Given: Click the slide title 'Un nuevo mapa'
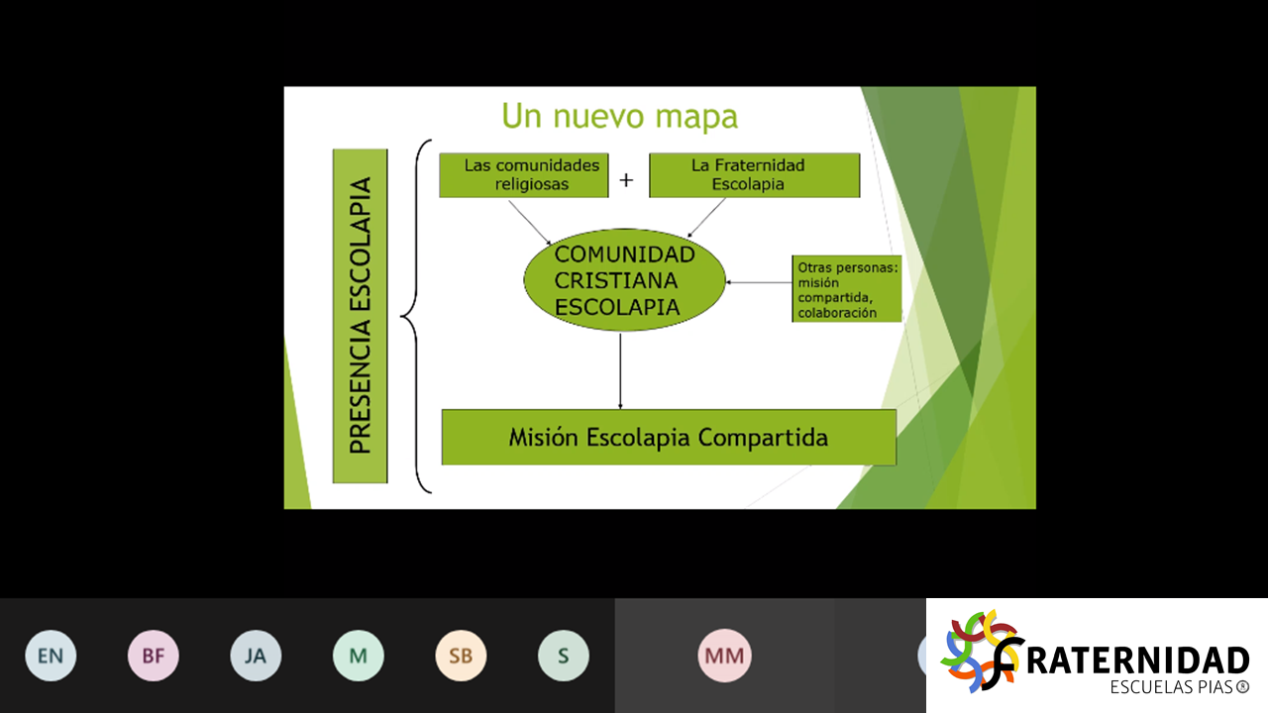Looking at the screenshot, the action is (x=620, y=116).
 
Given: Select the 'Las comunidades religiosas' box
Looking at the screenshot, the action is (x=524, y=175).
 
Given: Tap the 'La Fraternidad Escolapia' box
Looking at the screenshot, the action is (x=755, y=175).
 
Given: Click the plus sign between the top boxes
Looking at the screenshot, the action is (x=626, y=180).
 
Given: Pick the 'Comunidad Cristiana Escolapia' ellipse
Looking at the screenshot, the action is (x=624, y=280).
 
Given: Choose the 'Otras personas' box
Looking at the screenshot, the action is (x=847, y=288).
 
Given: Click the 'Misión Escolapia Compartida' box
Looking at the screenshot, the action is (x=669, y=438).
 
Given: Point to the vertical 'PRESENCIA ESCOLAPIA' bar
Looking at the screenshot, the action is (x=360, y=316).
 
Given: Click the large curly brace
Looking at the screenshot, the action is (x=416, y=316).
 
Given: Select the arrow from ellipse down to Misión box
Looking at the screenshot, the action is (x=620, y=370).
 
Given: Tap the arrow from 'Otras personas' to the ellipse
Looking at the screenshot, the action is (x=759, y=282).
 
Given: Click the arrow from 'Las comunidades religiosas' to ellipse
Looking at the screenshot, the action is (x=530, y=223).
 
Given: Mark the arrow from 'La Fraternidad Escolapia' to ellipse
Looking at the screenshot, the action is (x=706, y=218).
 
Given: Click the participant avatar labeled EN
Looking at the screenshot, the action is (x=51, y=656).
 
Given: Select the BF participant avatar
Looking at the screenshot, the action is (x=153, y=656).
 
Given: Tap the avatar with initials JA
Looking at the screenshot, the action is (x=256, y=656).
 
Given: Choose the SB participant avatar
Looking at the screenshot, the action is (x=461, y=656).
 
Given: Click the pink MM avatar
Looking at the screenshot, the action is (x=724, y=656).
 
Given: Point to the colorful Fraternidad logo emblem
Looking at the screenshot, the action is (x=982, y=651).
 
